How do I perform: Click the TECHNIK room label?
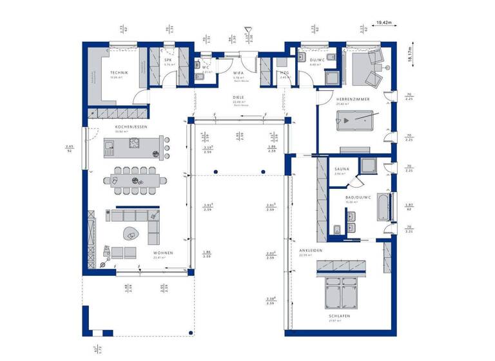119,73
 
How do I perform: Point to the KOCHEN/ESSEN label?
131,127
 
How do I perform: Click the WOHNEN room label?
162,253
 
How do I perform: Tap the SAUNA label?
342,169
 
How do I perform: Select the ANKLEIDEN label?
310,250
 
